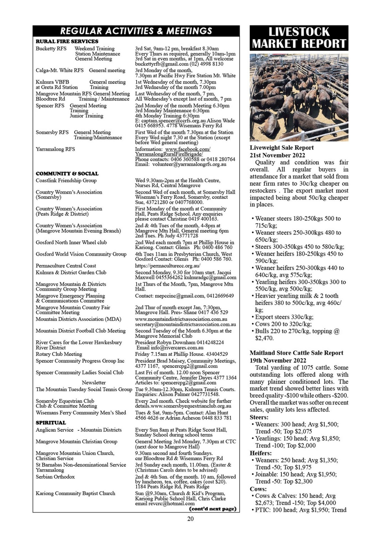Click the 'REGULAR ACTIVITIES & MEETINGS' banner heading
136,31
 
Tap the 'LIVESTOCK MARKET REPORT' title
299,38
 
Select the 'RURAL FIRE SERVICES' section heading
67,41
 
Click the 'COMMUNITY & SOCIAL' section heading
67,173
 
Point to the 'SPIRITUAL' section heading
51,423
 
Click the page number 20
190,519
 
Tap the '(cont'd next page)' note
213,509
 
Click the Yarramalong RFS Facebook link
173,152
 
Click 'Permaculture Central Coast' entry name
66,265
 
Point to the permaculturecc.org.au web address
167,265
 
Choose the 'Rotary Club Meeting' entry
59,354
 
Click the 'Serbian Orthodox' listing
55,477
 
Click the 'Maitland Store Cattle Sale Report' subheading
296,353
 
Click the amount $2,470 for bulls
264,338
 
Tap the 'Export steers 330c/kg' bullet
284,317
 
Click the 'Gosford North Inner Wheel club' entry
71,242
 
